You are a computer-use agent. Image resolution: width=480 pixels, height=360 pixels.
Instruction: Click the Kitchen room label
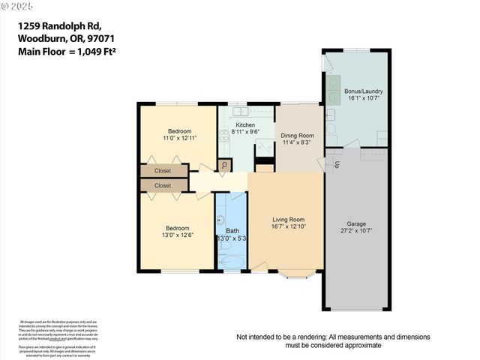(x=244, y=125)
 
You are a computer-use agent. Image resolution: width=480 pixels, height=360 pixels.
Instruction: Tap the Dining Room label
(x=297, y=136)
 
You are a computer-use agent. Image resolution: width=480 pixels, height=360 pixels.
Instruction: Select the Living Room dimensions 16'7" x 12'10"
(x=288, y=226)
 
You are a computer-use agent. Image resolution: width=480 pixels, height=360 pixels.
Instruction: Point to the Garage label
(x=357, y=223)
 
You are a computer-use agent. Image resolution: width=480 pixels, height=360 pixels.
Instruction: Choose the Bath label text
(x=232, y=231)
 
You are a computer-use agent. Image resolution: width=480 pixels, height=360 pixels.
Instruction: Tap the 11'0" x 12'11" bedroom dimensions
(x=179, y=138)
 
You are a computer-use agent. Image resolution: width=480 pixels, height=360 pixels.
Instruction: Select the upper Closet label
(x=163, y=171)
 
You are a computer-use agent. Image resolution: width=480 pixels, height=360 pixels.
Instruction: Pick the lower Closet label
(x=163, y=185)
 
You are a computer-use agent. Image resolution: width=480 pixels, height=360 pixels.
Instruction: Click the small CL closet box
(x=223, y=165)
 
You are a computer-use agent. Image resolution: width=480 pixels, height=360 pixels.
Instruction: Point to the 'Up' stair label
(x=337, y=164)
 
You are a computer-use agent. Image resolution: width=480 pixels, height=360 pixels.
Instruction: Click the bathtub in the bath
(x=232, y=261)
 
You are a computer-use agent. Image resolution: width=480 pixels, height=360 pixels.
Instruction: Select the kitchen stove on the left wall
(x=223, y=136)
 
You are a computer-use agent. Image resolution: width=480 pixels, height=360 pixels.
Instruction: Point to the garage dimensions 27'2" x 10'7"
(x=357, y=231)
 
